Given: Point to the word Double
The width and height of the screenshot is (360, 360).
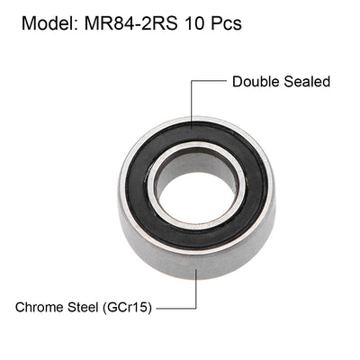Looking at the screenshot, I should [256, 82].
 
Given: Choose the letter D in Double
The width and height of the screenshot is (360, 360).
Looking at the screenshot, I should [238, 82].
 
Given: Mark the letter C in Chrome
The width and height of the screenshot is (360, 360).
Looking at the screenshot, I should [21, 307].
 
